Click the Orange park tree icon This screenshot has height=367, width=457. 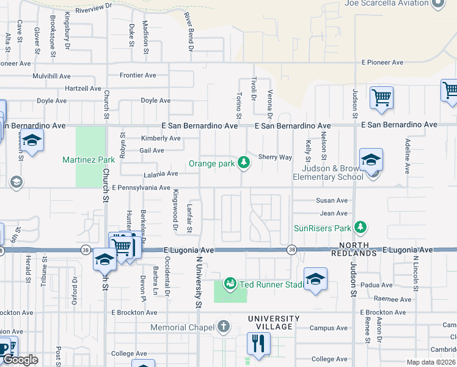[244, 162]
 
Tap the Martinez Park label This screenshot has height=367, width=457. [89, 160]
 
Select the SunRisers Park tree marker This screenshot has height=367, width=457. [360, 228]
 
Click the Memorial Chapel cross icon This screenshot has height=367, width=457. [224, 327]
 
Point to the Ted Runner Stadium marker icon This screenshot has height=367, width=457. [230, 283]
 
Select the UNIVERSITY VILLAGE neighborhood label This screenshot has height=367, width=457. [274, 323]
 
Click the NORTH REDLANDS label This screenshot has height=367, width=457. [354, 253]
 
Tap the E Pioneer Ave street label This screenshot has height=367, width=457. [382, 62]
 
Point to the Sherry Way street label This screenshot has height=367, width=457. [275, 157]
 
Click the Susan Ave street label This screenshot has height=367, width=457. [332, 200]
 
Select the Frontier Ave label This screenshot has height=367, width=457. [138, 75]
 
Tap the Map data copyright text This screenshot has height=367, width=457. [431, 362]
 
